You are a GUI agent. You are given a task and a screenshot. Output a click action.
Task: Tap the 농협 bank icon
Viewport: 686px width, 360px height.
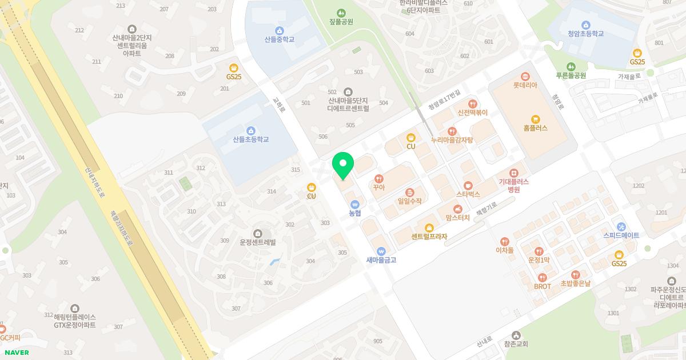[355, 203]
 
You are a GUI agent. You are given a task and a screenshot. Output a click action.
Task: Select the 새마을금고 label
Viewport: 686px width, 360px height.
[381, 260]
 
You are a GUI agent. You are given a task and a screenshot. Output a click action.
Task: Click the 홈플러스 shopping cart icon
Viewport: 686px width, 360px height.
[535, 119]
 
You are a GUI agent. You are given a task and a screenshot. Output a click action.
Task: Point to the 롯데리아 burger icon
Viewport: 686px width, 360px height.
[525, 77]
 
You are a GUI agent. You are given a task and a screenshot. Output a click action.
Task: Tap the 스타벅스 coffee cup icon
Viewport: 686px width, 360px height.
[468, 185]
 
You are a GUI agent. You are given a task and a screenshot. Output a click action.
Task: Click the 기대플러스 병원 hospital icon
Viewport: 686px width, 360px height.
[514, 173]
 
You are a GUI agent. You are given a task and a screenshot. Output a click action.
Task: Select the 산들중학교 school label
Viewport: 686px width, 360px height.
[280, 40]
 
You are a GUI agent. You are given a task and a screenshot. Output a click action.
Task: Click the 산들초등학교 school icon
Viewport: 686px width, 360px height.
[250, 130]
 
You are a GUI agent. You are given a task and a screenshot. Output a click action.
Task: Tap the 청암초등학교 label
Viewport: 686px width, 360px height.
[585, 34]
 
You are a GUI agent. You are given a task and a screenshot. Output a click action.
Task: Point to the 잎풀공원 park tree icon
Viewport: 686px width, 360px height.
[341, 13]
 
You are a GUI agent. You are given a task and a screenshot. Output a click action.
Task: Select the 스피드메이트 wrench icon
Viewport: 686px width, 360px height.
[621, 226]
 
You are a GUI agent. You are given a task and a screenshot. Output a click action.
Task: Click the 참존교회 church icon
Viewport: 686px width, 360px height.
[516, 335]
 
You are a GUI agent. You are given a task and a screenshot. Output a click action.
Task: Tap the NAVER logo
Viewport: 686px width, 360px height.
[17, 353]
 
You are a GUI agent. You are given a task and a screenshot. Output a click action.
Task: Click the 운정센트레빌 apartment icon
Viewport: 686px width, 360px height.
[258, 233]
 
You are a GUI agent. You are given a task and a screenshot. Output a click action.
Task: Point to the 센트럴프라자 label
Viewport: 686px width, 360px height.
[429, 237]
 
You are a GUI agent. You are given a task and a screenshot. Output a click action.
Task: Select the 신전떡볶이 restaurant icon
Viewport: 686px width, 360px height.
[472, 103]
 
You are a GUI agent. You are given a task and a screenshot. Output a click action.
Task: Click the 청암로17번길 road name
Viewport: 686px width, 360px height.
[444, 101]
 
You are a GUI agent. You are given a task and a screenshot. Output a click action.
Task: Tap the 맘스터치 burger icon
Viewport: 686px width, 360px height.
[457, 209]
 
